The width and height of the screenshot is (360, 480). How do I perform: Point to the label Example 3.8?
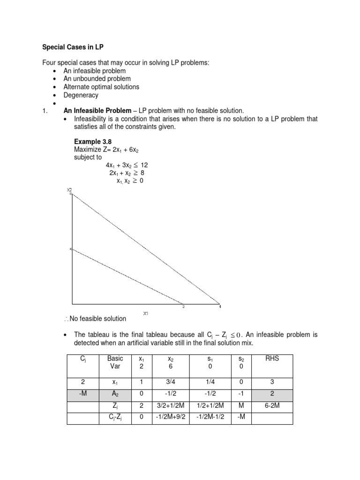point(93,142)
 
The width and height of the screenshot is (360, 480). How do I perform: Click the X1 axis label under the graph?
point(146,313)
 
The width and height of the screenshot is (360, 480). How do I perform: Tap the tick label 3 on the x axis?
point(183,307)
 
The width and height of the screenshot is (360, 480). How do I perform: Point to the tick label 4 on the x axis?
point(220,307)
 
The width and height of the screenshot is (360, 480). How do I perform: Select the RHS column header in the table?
point(272,359)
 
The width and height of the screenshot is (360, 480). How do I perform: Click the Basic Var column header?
point(115,362)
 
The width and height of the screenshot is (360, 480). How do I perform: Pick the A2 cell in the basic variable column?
point(115,395)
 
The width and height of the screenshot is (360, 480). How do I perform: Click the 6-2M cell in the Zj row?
point(272,406)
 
